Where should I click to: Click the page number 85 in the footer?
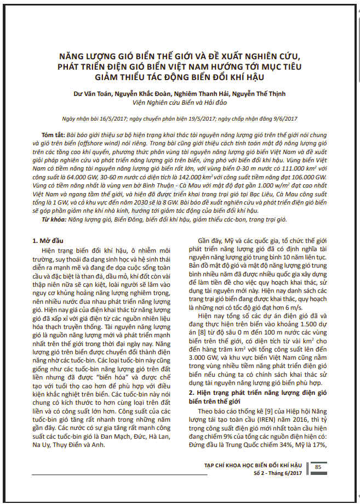pyautogui.click(x=318, y=467)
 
